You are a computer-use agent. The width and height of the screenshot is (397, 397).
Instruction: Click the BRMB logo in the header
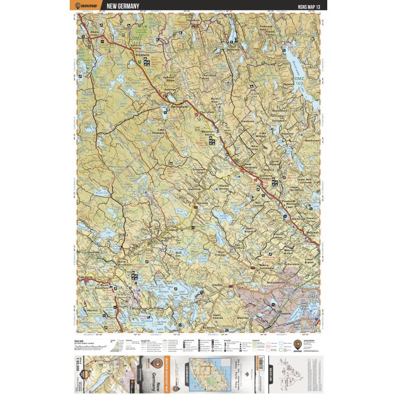point(85,6)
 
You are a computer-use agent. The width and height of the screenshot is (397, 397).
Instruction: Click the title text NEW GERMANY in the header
point(119,6)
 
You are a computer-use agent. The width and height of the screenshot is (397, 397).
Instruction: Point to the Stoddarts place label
point(142,56)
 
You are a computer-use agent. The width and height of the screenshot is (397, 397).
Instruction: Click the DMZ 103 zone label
point(299,80)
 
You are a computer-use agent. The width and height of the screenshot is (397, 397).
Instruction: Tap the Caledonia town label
point(86,277)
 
